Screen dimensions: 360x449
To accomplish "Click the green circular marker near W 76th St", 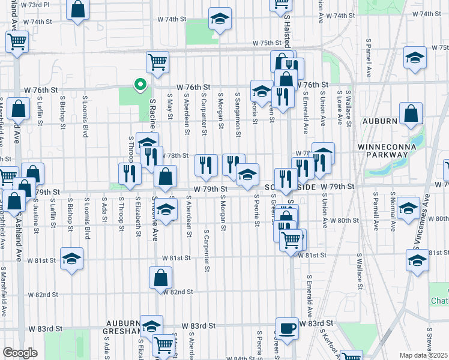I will pos(140,85).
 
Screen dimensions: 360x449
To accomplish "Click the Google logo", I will pos(20,353).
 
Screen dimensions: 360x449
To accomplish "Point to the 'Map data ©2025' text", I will pos(423,355).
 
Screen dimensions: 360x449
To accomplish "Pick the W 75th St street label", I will pos(268,43).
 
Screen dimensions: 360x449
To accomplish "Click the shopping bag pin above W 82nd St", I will pos(161,278).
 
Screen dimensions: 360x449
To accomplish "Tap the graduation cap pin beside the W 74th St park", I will pos(220,20).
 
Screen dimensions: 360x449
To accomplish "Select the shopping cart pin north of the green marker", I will pos(157,61).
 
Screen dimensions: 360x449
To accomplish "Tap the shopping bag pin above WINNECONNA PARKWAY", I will pos(411,113).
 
